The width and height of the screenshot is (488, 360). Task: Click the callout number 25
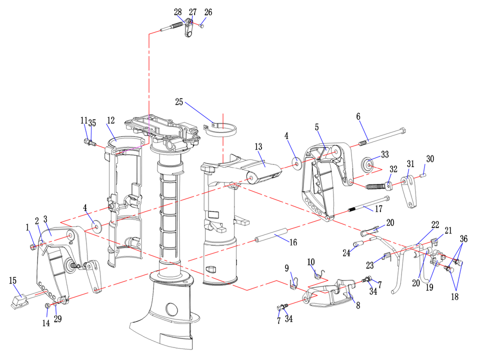[179, 102]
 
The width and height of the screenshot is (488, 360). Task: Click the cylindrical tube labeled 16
[270, 235]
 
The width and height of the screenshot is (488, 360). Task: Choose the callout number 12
[111, 120]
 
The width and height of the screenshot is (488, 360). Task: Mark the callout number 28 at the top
[178, 12]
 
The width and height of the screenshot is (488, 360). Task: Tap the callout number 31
[410, 164]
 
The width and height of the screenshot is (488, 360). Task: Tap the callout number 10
[310, 262]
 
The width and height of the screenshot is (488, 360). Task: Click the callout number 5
[316, 127]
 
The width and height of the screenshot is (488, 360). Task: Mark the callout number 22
[435, 225]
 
